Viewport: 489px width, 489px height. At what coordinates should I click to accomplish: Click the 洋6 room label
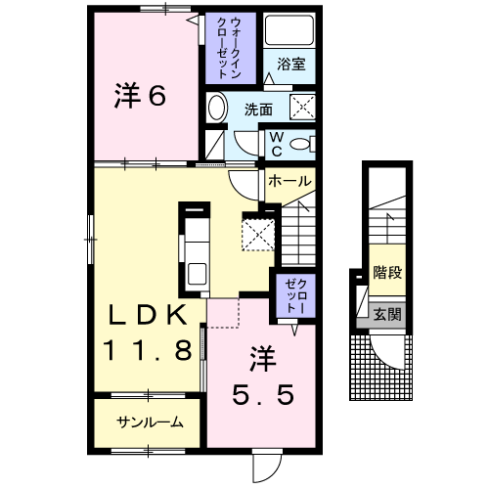pos(142,96)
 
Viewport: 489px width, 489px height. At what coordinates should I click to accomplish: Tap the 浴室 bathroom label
pos(291,65)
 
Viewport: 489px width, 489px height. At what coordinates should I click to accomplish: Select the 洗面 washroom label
pos(257,109)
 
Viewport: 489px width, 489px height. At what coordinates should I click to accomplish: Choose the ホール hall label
pos(289,181)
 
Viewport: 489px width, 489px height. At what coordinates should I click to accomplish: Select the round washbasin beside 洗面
pos(218,108)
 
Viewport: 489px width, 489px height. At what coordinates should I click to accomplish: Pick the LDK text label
pos(147,315)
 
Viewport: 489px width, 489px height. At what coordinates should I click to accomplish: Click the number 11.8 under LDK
pos(147,349)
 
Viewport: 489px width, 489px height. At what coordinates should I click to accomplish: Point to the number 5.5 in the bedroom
pos(262,394)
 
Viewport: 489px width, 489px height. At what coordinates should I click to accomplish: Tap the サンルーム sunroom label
pos(148,422)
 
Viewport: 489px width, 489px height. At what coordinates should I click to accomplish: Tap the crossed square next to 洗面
pos(303,108)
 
